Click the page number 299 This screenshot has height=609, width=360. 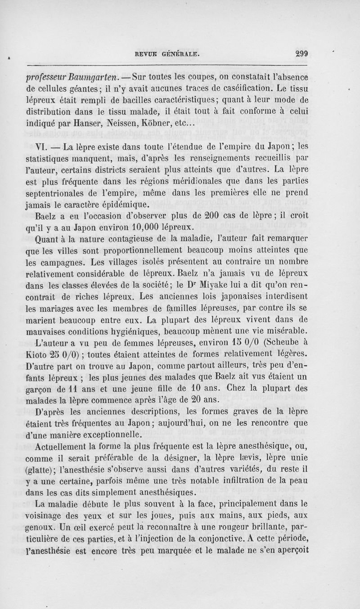pos(301,53)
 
